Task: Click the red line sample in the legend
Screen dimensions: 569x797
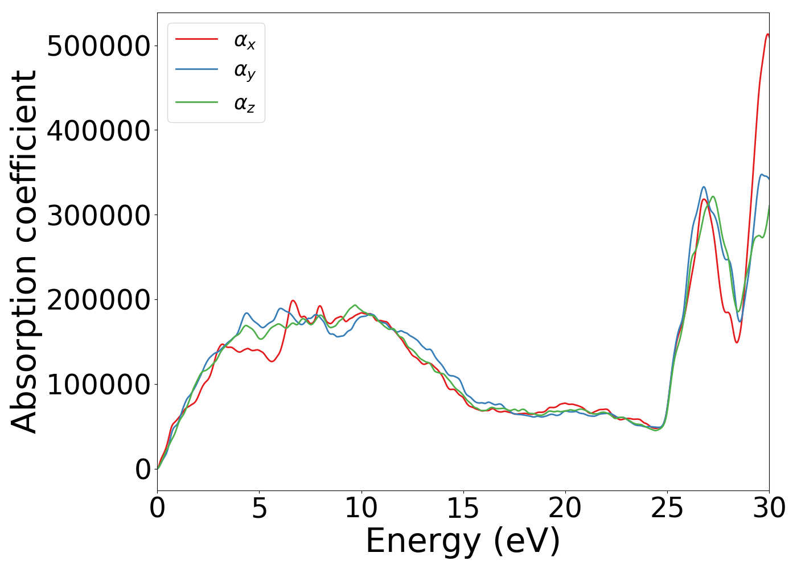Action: click(196, 39)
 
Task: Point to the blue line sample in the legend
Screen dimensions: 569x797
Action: click(196, 69)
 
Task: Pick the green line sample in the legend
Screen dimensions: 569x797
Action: click(196, 102)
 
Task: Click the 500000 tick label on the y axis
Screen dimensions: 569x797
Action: click(98, 46)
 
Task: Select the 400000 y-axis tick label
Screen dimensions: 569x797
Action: click(98, 131)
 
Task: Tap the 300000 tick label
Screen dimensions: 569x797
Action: click(98, 216)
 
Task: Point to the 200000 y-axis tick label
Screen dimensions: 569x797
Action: click(98, 300)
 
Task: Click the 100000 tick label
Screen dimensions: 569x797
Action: click(98, 385)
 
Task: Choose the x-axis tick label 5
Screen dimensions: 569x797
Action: click(259, 508)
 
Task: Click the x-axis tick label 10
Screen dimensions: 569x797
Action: click(361, 508)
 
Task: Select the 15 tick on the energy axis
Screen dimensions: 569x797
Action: click(463, 508)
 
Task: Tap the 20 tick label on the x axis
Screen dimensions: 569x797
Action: click(565, 508)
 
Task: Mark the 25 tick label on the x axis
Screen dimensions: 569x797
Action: click(667, 508)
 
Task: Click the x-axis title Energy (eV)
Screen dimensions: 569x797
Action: click(463, 541)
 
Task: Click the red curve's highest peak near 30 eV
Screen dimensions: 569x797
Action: click(767, 34)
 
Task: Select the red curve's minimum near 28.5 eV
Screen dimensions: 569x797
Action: click(737, 342)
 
